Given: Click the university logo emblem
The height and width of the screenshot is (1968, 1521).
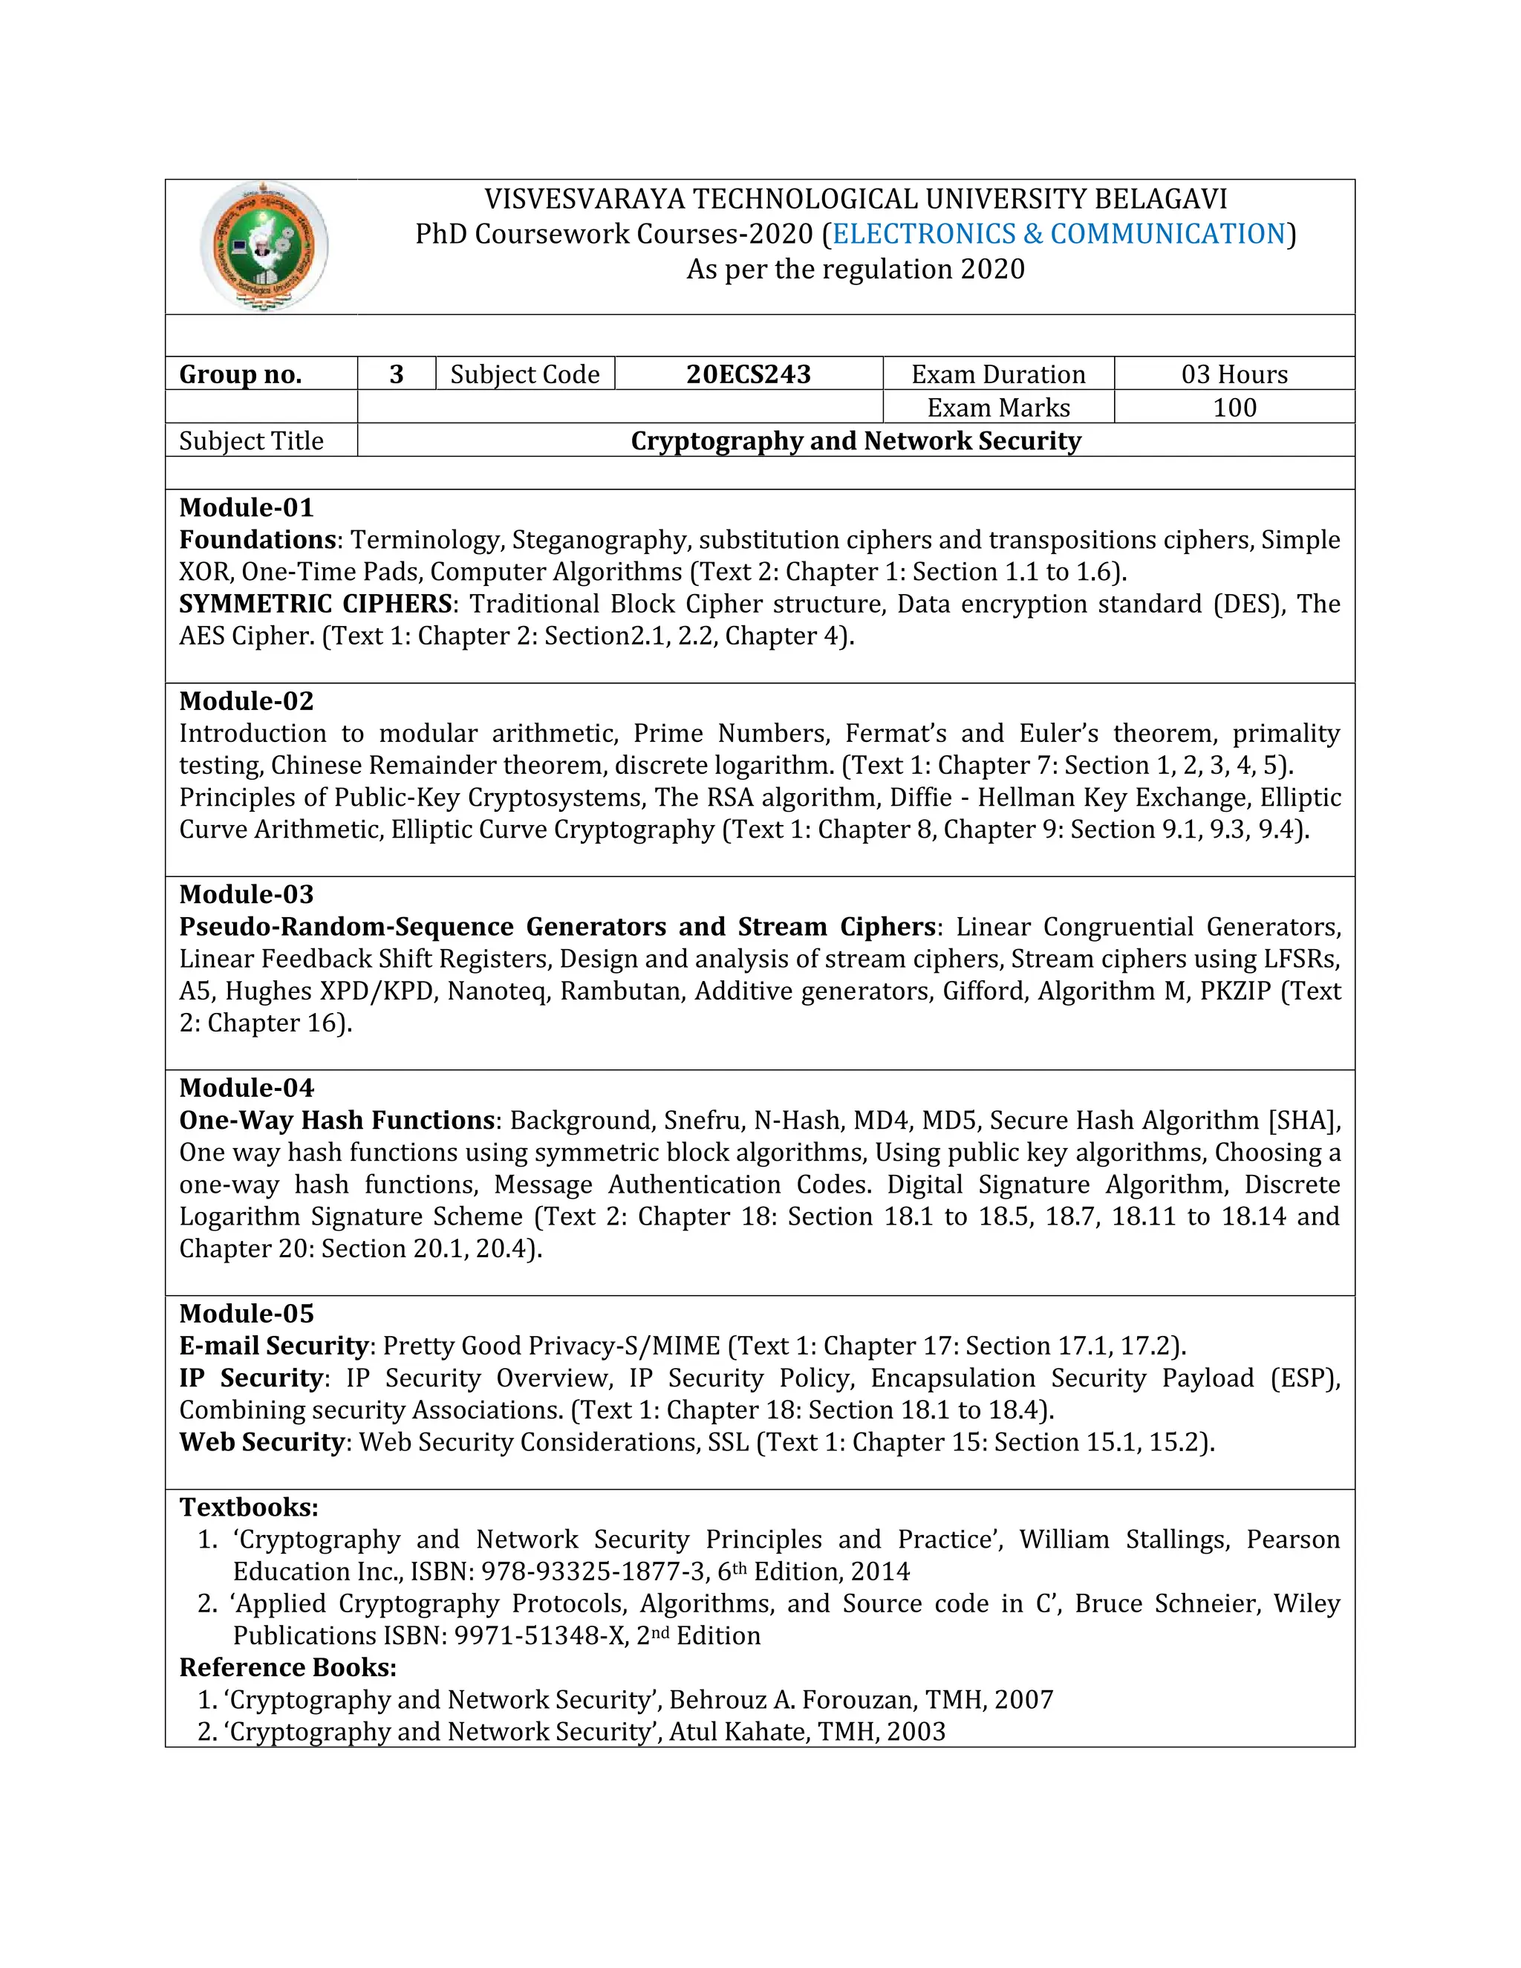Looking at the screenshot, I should click(x=264, y=246).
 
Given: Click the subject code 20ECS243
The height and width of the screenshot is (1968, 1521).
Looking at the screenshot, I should click(x=748, y=374).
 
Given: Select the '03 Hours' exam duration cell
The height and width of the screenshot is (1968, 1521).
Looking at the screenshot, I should click(x=1234, y=374).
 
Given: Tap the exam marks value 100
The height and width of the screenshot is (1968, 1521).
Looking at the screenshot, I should click(x=1234, y=407).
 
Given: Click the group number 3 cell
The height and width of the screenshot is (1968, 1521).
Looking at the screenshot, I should click(x=397, y=374).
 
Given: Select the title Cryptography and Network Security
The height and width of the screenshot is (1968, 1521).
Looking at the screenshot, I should click(x=855, y=440).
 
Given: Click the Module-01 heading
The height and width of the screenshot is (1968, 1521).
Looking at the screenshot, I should click(x=246, y=507).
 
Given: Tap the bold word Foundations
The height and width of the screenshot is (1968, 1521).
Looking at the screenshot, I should click(x=258, y=540).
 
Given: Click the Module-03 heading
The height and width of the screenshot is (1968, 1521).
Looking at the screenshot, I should click(x=246, y=894).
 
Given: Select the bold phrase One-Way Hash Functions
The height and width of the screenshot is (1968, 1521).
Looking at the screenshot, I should click(x=337, y=1120).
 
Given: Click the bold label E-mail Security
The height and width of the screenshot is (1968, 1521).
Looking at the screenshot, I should click(x=274, y=1346).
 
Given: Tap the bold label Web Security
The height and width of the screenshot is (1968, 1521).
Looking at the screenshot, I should click(x=261, y=1441).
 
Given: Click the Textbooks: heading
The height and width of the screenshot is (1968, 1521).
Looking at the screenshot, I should click(x=249, y=1507).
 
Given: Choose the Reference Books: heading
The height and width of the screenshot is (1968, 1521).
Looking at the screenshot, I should click(x=287, y=1667).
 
